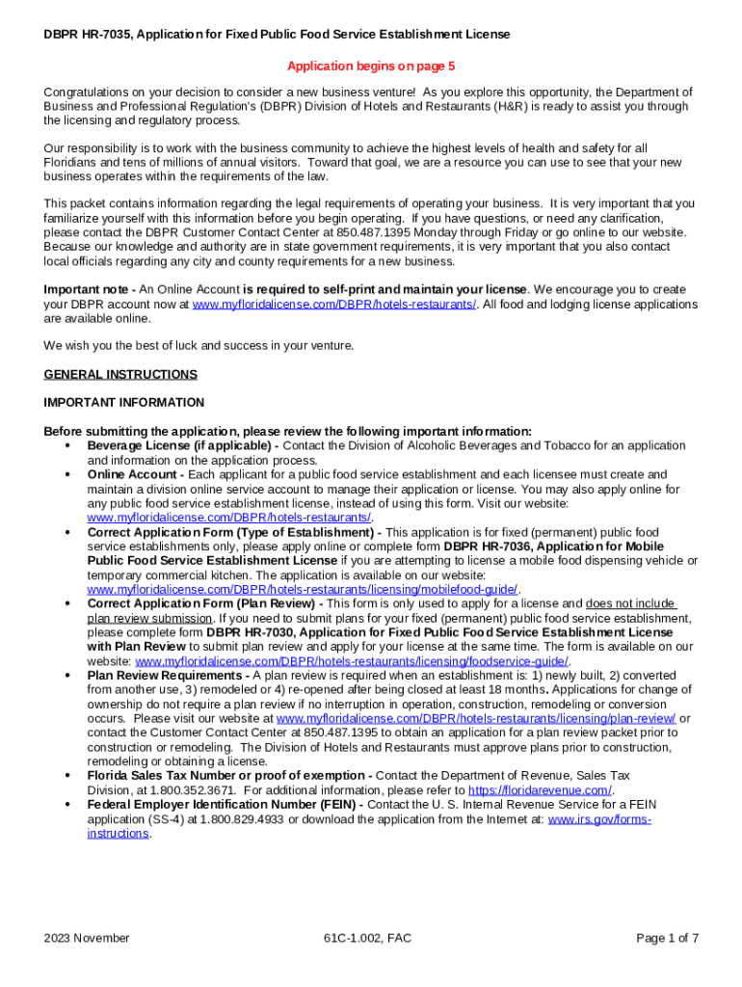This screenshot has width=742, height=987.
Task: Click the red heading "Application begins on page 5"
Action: click(x=371, y=67)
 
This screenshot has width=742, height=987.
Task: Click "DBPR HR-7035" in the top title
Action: click(x=87, y=35)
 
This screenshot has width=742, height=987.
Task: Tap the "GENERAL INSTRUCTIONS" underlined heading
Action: click(x=120, y=374)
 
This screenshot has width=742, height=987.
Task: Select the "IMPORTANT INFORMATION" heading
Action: click(x=124, y=402)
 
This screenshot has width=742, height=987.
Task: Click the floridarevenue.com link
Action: click(x=540, y=790)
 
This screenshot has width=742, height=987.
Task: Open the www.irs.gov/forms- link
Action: click(x=599, y=819)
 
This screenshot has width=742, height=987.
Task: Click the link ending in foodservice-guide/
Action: click(x=352, y=661)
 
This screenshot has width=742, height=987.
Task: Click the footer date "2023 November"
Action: click(x=87, y=938)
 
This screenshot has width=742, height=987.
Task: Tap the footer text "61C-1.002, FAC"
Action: click(x=369, y=938)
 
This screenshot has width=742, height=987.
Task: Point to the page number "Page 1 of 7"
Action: click(x=668, y=938)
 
